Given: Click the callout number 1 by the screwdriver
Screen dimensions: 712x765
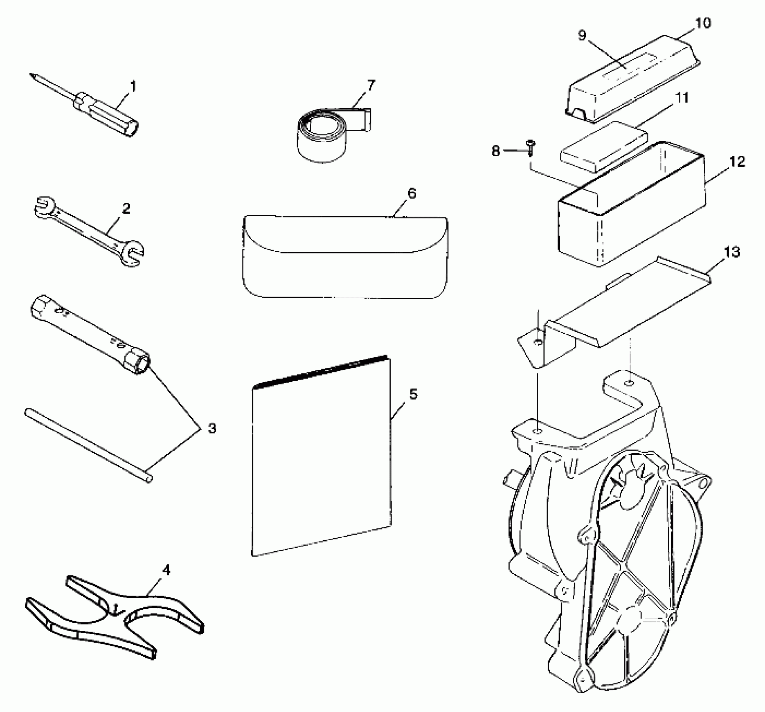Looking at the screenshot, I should tap(133, 87).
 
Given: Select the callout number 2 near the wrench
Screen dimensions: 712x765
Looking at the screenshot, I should tap(126, 208).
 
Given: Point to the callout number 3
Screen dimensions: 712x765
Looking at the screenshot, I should tap(212, 428).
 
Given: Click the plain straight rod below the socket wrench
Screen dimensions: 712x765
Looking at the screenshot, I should tap(88, 446).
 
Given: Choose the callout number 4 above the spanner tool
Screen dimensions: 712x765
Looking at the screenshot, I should tap(166, 570).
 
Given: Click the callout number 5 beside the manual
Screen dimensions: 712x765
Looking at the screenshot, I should tap(413, 394).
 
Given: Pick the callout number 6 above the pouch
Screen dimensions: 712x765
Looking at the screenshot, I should tap(412, 193).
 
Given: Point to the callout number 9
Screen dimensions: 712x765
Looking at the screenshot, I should tap(582, 36).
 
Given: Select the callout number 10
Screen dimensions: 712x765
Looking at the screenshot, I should tap(703, 23).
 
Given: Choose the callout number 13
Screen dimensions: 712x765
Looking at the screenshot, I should tap(732, 252).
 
